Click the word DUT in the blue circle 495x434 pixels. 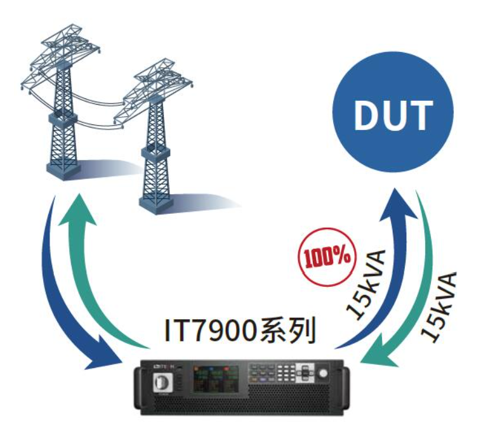click(x=393, y=115)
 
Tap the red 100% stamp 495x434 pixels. click(x=327, y=256)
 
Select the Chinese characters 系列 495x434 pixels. click(x=287, y=331)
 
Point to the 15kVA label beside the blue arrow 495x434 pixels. click(x=366, y=284)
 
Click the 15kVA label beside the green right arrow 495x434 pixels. click(x=439, y=307)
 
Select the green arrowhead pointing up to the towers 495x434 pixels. click(x=77, y=210)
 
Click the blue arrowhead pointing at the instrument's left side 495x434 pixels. click(x=105, y=355)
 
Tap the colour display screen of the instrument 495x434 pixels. click(x=216, y=379)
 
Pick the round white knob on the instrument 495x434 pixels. click(x=323, y=374)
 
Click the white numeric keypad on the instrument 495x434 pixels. click(x=287, y=373)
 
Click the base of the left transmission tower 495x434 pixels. click(x=62, y=171)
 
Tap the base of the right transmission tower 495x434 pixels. click(x=156, y=204)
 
